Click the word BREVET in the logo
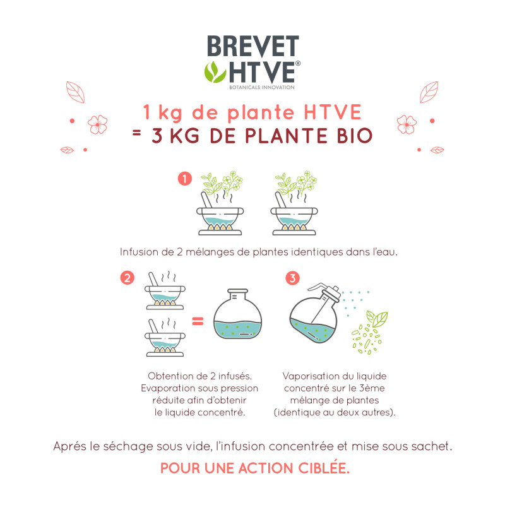click(253, 46)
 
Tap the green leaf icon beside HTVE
click(215, 72)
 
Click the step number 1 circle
click(185, 179)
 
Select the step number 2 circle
click(128, 278)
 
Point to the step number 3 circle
click(292, 278)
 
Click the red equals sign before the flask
click(198, 321)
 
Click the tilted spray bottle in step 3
click(315, 313)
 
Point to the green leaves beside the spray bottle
click(377, 319)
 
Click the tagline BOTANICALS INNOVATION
click(262, 87)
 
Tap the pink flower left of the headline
click(97, 124)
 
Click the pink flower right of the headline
click(407, 124)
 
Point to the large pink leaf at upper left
click(75, 92)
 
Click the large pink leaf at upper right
click(429, 92)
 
